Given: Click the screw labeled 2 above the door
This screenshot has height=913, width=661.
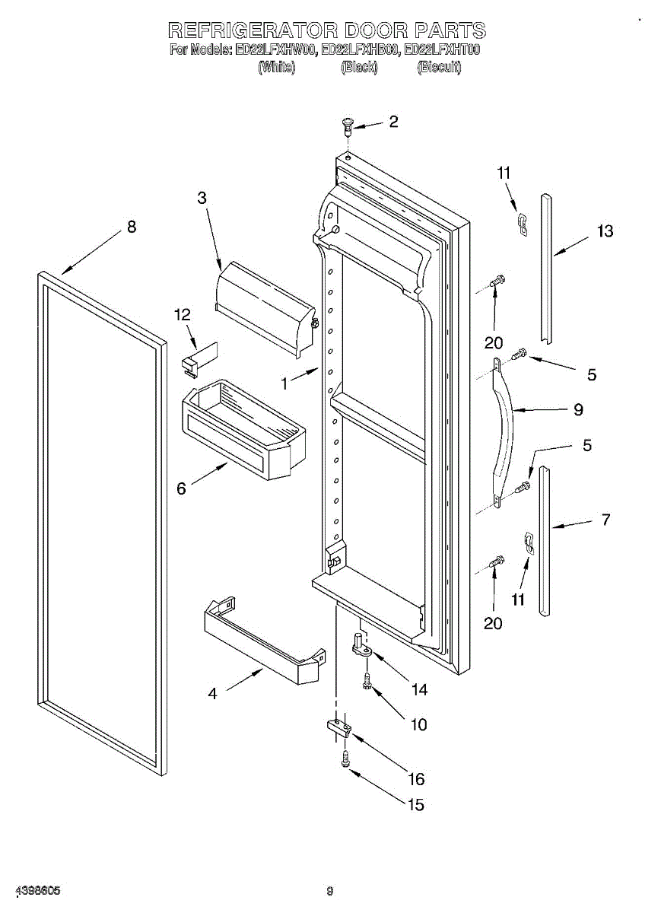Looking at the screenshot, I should tap(348, 124).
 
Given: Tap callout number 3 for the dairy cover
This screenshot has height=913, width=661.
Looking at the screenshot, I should tap(202, 198).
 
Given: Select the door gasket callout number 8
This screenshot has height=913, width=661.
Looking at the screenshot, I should tap(132, 226).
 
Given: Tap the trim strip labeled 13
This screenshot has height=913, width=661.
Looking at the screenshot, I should tap(548, 266).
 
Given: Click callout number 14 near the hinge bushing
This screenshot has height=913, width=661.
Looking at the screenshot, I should tap(418, 689).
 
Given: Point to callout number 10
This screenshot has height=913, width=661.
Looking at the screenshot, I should tap(418, 724).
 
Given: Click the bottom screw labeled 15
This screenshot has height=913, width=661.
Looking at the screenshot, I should tap(346, 759).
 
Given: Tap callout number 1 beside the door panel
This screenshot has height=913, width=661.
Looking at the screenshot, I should tap(284, 384).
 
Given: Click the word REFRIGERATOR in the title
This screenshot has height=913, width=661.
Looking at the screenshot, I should tap(251, 30).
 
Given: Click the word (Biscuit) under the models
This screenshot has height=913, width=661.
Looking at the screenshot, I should tap(439, 67).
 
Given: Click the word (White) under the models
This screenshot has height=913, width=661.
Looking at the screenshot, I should tap(276, 67).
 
